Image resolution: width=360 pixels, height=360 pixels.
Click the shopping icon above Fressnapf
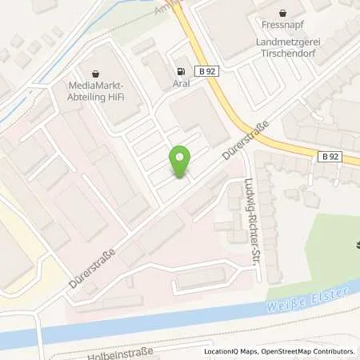coord(282,12)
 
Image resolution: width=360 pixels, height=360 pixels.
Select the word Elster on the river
coord(329,294)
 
